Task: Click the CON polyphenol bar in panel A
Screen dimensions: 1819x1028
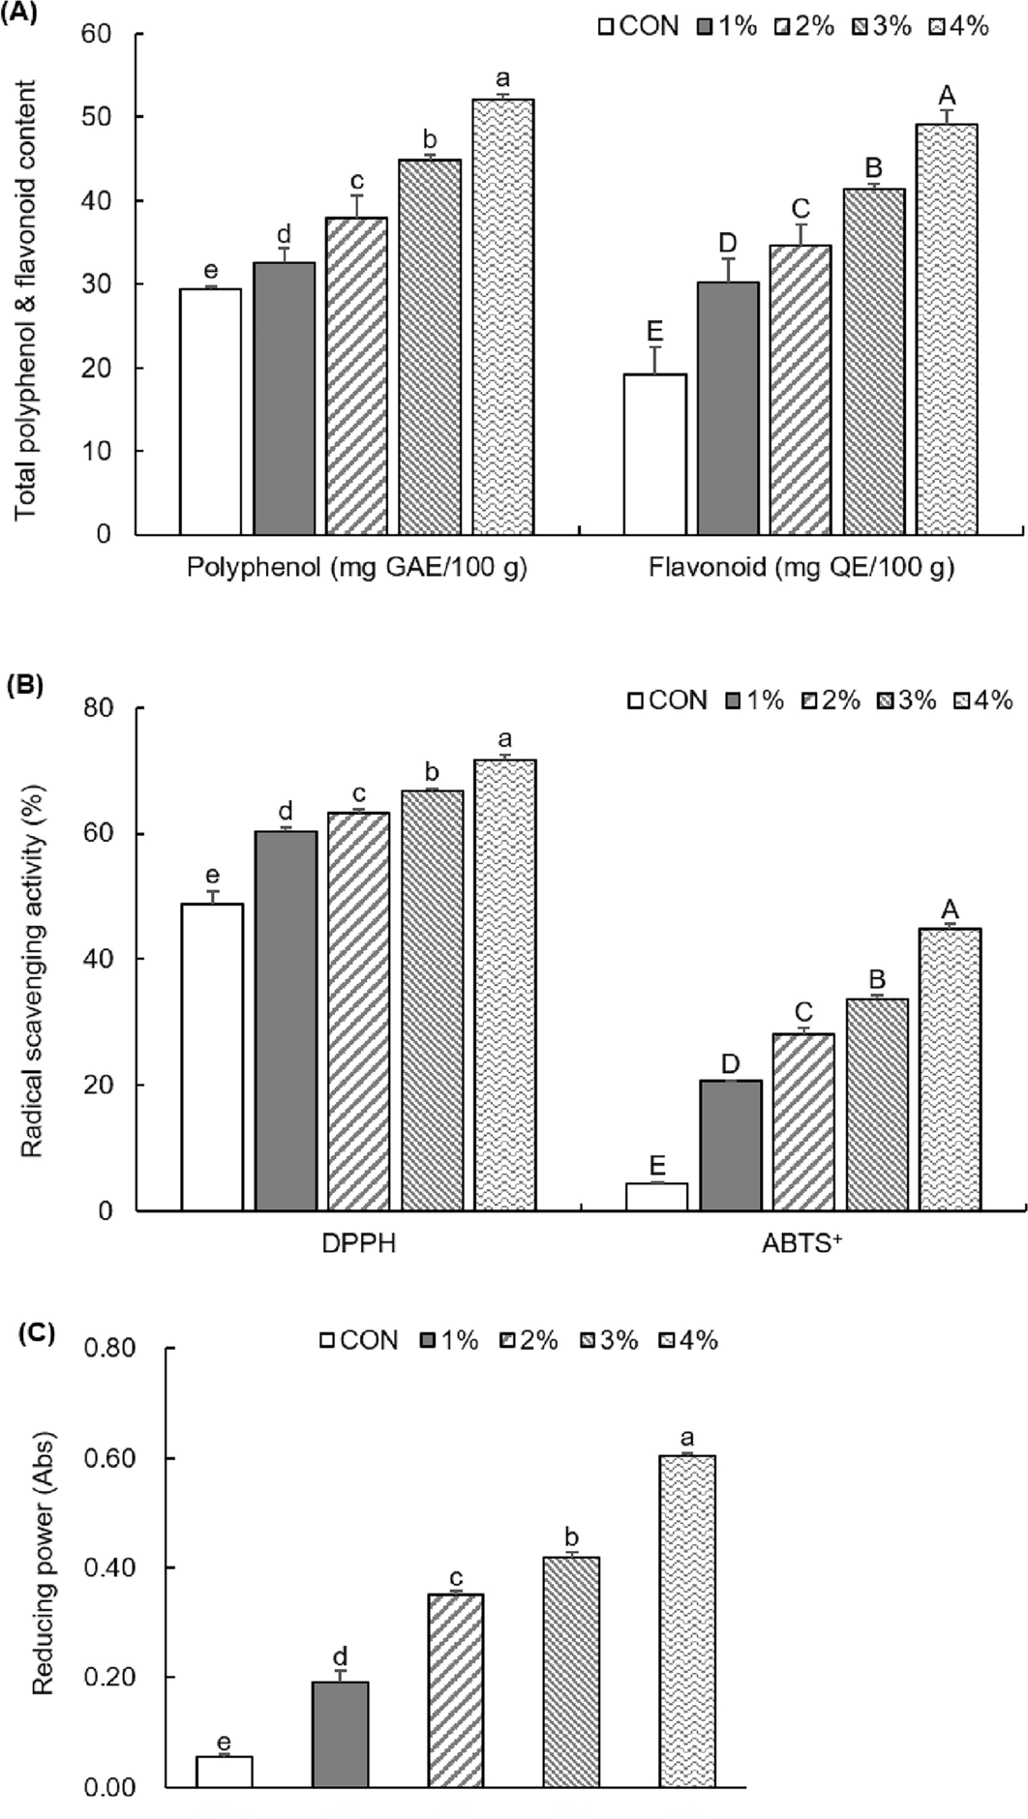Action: pyautogui.click(x=210, y=411)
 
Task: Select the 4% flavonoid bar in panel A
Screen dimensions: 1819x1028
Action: pyautogui.click(x=947, y=329)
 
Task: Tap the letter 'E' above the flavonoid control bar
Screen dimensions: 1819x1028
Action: pyautogui.click(x=654, y=334)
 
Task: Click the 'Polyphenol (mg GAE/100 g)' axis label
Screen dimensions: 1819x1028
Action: pyautogui.click(x=356, y=567)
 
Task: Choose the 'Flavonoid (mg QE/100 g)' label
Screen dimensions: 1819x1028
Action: pyautogui.click(x=801, y=567)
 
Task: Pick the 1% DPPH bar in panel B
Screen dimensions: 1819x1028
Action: pyautogui.click(x=286, y=1021)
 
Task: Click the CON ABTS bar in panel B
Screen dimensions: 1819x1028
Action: pyautogui.click(x=656, y=1197)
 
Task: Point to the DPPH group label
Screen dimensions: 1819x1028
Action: pyautogui.click(x=359, y=1243)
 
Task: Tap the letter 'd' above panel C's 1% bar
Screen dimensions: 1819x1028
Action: pyautogui.click(x=341, y=1656)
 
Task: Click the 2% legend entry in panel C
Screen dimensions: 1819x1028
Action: pyautogui.click(x=529, y=1340)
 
